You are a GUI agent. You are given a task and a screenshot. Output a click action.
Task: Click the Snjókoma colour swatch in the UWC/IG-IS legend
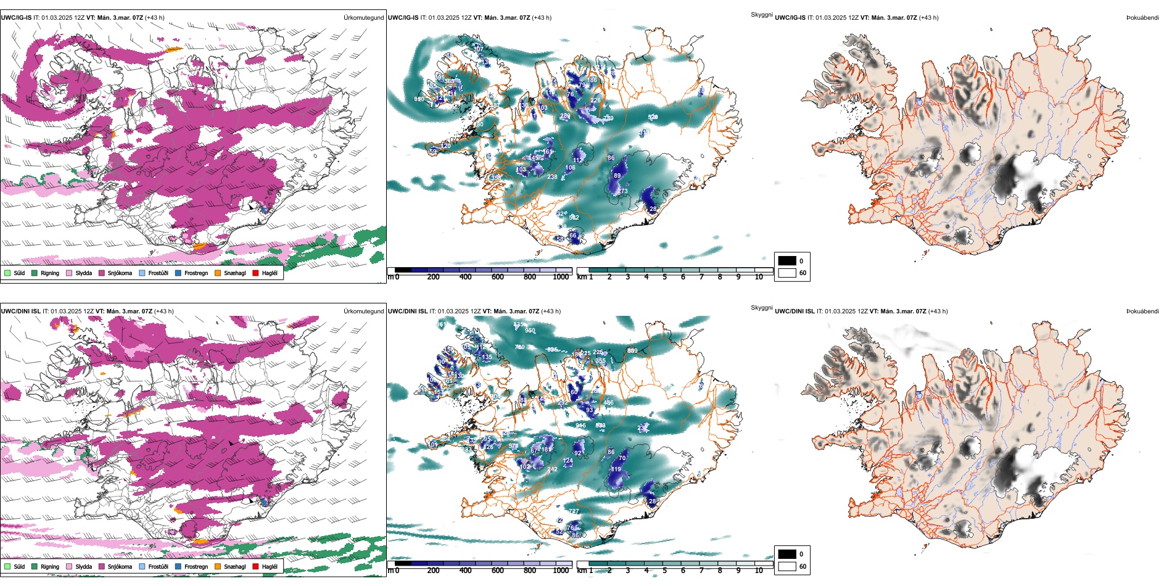[102, 273]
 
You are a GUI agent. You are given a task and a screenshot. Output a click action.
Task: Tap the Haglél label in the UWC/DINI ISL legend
[270, 566]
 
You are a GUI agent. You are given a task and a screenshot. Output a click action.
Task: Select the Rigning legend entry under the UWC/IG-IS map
[49, 273]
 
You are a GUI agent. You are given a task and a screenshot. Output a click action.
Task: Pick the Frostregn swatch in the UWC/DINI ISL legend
[178, 566]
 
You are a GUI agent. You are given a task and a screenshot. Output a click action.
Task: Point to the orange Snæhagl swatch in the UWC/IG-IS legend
[218, 273]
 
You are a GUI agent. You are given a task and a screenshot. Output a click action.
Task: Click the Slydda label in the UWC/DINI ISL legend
[83, 566]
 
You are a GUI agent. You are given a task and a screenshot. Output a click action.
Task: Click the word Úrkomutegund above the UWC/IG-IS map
[363, 18]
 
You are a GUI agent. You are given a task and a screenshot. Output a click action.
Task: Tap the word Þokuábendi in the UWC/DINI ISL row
[1142, 312]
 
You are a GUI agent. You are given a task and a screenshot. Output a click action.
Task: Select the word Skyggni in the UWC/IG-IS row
[761, 14]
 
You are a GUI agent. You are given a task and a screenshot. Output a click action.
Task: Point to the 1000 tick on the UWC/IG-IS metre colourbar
[561, 277]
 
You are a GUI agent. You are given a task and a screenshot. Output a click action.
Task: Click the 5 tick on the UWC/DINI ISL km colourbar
[664, 571]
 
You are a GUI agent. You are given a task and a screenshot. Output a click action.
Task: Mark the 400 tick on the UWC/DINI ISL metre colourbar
[465, 571]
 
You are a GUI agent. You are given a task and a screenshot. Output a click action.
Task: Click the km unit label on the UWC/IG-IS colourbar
[582, 277]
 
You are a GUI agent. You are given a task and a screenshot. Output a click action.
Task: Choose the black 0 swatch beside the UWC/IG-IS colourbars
[787, 261]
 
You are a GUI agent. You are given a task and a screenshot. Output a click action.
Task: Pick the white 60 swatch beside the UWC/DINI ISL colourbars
[787, 566]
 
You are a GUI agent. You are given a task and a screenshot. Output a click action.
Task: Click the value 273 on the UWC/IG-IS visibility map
[622, 191]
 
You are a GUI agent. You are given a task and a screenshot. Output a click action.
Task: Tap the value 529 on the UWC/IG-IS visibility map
[653, 117]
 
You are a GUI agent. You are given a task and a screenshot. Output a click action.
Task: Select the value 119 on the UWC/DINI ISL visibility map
[616, 469]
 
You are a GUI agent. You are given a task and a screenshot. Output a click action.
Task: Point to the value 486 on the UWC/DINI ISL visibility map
[608, 403]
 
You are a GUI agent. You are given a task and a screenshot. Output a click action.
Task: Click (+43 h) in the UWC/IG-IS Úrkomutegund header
[154, 18]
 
